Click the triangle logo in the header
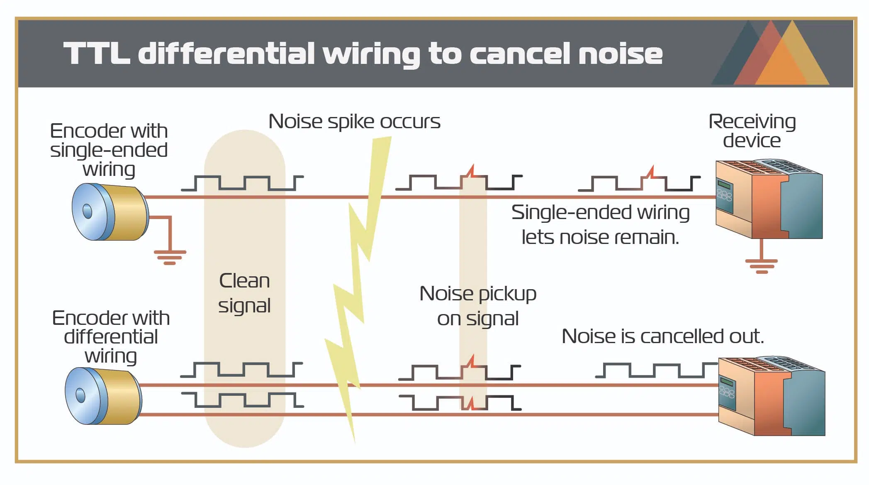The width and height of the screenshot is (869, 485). click(771, 54)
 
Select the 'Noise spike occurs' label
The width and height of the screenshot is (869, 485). click(354, 122)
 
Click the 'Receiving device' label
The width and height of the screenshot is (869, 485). click(752, 131)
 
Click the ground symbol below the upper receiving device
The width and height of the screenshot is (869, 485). click(761, 266)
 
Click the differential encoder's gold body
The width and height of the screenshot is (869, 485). click(120, 396)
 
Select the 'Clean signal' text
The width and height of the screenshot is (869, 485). click(244, 293)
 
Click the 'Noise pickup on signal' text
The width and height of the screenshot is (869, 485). click(478, 306)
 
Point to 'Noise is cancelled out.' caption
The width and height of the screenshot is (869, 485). click(662, 336)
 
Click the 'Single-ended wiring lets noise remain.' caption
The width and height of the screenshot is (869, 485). click(600, 224)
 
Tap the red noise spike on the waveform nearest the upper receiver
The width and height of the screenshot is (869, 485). click(651, 172)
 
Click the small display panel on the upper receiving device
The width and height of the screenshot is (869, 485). click(724, 185)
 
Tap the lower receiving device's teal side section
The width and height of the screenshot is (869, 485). click(807, 402)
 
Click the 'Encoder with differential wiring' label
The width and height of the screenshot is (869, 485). click(111, 337)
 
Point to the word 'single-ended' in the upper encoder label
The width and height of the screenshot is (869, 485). click(109, 150)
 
